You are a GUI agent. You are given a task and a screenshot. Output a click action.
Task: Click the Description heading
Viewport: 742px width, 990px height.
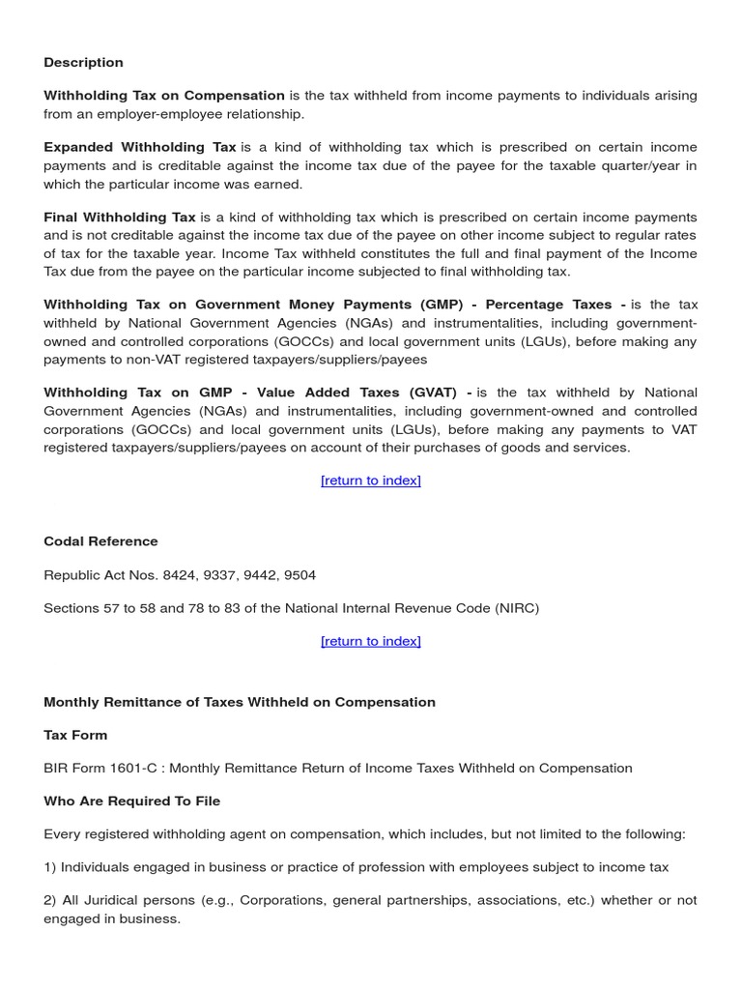[83, 63]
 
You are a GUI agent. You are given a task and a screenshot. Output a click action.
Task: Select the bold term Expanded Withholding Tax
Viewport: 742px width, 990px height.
[140, 148]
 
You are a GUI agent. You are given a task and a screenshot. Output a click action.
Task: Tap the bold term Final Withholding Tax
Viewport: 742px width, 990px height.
[120, 218]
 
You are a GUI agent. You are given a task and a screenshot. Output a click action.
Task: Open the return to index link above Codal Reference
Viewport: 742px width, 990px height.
[370, 480]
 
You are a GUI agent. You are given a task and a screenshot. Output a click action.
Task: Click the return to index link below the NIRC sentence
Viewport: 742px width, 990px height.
[370, 641]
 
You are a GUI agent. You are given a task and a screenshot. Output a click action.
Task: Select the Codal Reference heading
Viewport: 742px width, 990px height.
[100, 541]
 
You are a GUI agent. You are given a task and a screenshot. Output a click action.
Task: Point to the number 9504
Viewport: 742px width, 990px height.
[297, 575]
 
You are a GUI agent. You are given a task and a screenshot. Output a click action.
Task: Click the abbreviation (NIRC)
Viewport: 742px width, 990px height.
[517, 608]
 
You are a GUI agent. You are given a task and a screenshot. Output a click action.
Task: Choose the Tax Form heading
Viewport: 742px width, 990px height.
[75, 735]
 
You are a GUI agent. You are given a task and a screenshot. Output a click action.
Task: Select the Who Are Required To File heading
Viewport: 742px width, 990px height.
[131, 801]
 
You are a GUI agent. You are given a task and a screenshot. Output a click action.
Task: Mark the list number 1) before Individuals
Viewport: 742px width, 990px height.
[50, 867]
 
